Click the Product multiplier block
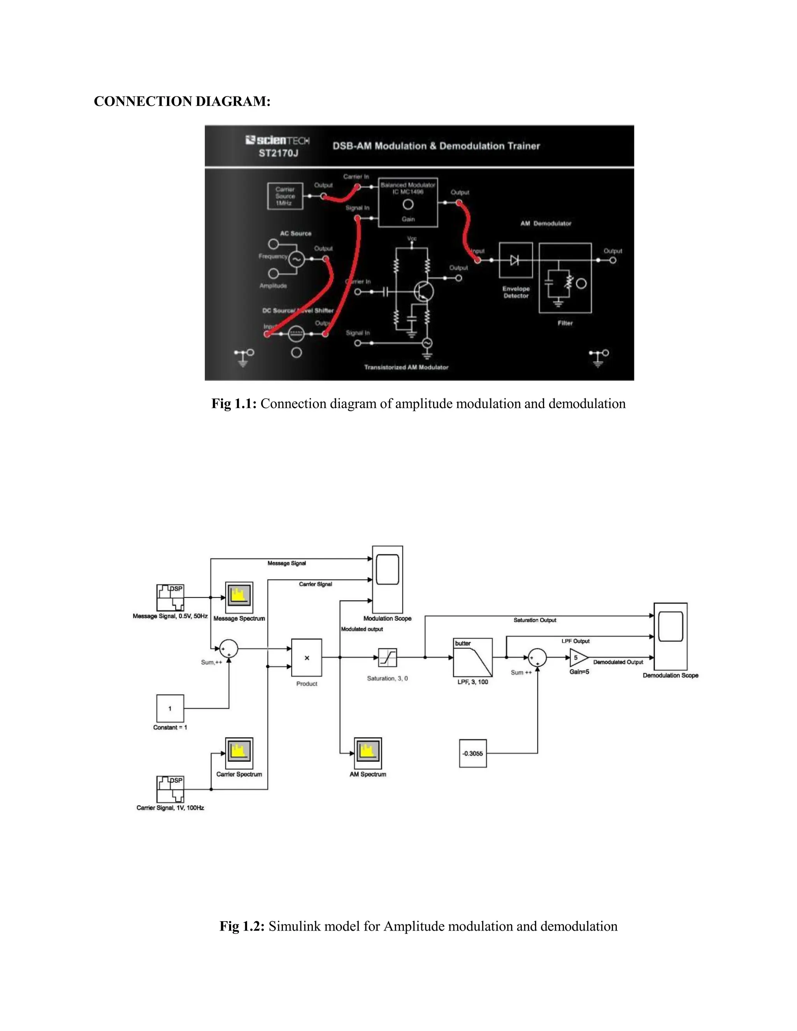306,658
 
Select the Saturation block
388,658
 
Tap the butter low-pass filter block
472,658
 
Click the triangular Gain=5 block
578,658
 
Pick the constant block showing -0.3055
472,754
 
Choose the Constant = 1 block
170,708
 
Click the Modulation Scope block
388,580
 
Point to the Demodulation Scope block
671,636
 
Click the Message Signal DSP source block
170,597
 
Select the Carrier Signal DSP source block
170,789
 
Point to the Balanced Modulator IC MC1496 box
408,203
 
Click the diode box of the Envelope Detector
516,260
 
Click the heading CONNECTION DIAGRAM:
182,102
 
